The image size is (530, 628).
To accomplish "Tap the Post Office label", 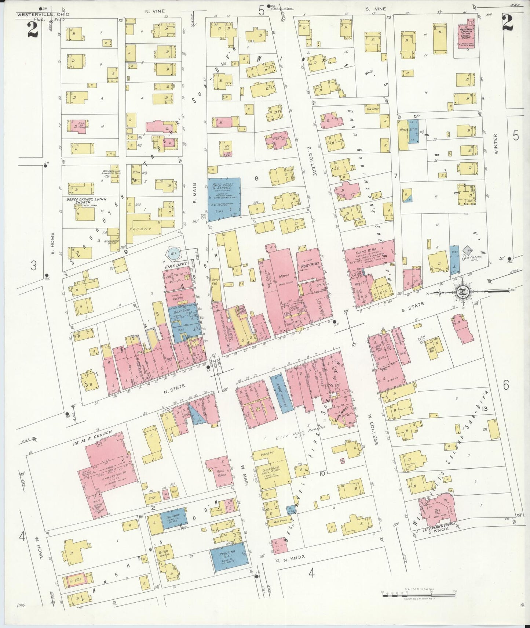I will tap(308, 264).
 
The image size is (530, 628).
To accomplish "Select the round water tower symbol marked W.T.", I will tap(172, 253).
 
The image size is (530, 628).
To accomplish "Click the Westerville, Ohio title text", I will tap(43, 14).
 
